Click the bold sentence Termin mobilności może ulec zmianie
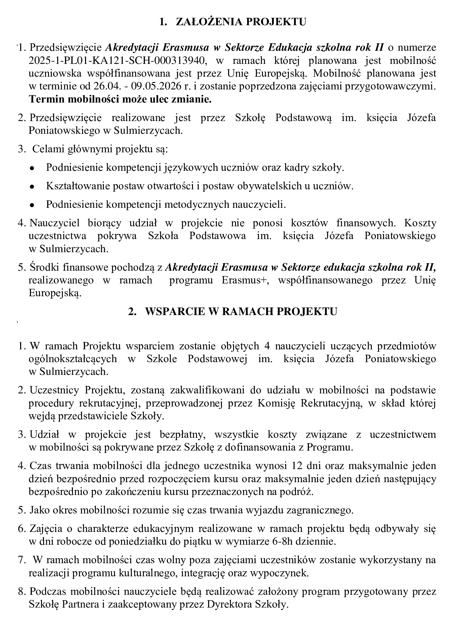pos(120,100)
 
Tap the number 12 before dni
pos(292,466)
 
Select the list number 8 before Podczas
pos(22,592)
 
